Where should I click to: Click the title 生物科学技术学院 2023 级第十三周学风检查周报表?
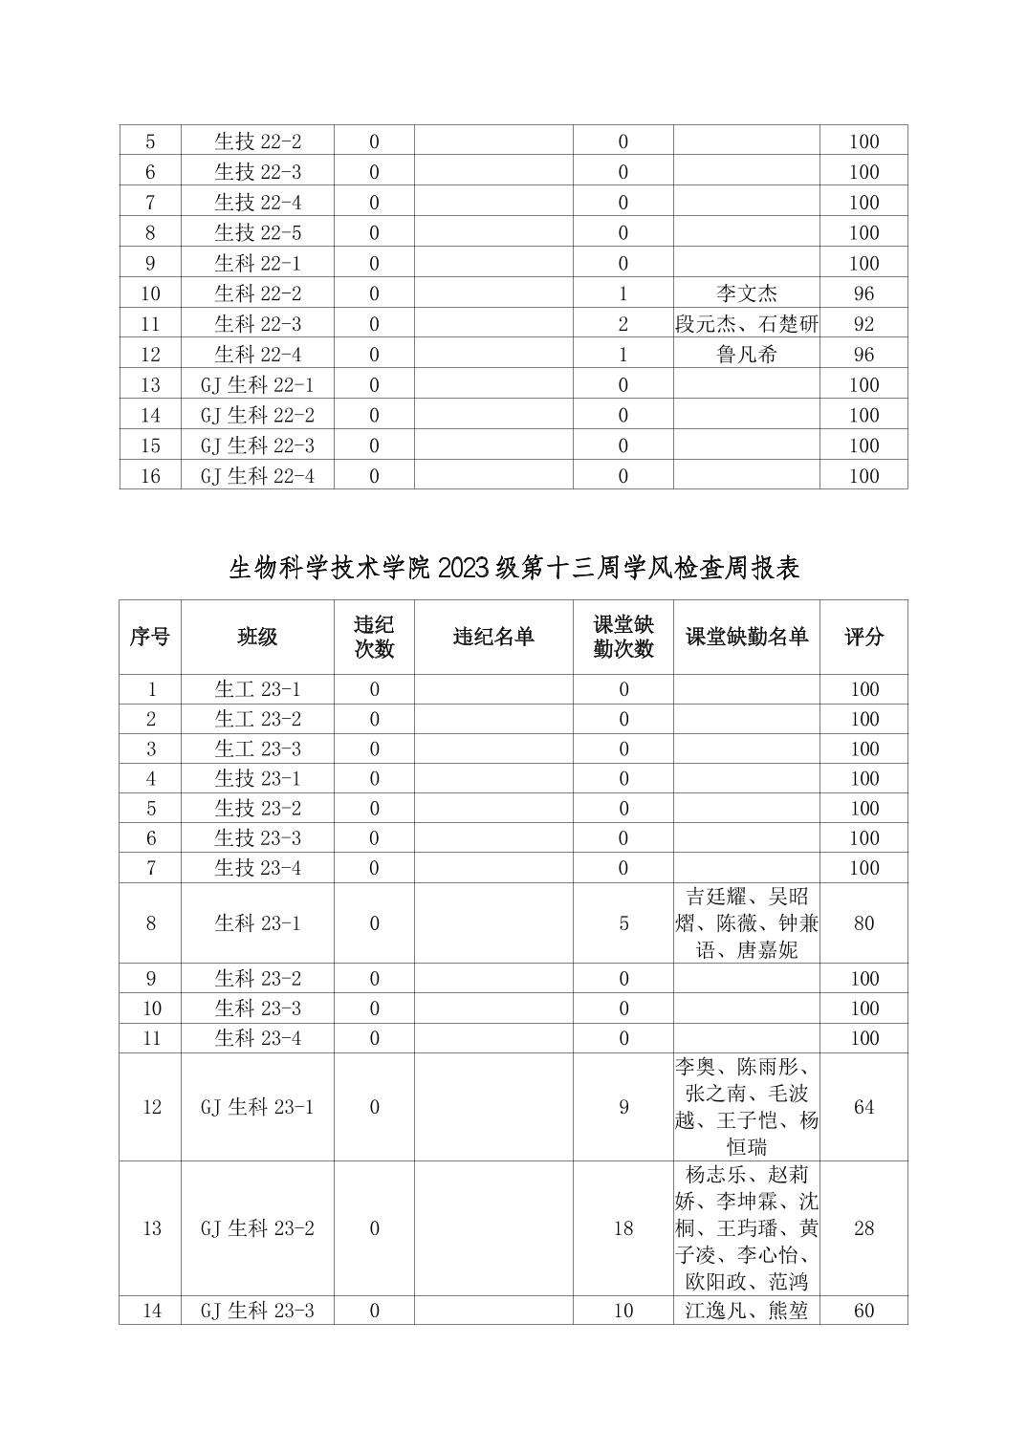tap(513, 569)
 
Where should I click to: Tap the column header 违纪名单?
tap(493, 637)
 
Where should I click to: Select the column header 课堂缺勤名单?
tap(746, 637)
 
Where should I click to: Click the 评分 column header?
tap(863, 637)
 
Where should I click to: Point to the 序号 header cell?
tap(150, 637)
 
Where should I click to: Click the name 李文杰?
tap(746, 293)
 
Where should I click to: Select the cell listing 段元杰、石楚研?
tap(746, 324)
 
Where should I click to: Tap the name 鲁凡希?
tap(746, 355)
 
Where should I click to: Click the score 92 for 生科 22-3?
tap(863, 324)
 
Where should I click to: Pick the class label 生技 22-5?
tap(257, 232)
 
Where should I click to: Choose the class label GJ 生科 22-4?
tap(257, 475)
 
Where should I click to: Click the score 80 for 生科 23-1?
tap(863, 923)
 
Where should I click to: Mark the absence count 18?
tap(623, 1228)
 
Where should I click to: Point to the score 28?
tap(863, 1228)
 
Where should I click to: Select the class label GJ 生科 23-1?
tap(257, 1107)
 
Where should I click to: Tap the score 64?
tap(863, 1107)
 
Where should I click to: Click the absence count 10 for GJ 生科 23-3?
tap(623, 1311)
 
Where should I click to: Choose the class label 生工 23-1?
tap(257, 689)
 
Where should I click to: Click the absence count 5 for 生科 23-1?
tap(623, 923)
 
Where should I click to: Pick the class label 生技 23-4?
tap(257, 868)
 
